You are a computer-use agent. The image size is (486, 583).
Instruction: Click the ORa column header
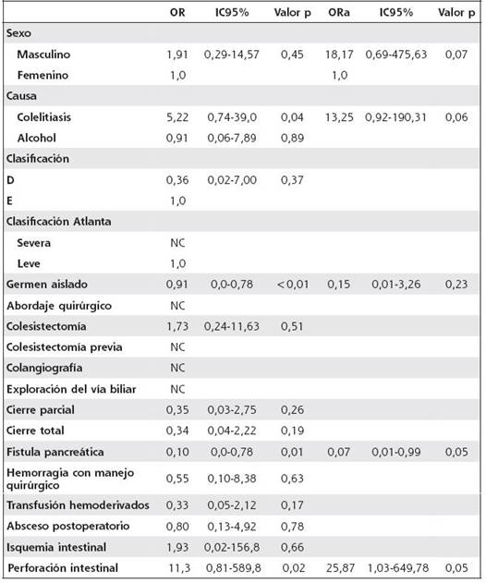(x=339, y=13)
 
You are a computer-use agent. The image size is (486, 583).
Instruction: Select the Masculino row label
(x=43, y=55)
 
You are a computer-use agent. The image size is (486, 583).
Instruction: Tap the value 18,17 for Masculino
(x=339, y=55)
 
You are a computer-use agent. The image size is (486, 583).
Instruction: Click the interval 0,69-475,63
(x=396, y=55)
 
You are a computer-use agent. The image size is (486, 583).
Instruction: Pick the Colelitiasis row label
(x=43, y=117)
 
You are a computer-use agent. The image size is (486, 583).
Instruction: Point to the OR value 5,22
(x=177, y=117)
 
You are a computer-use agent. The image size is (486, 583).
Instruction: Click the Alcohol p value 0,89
(x=292, y=139)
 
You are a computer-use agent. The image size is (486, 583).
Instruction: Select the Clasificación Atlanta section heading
(x=59, y=222)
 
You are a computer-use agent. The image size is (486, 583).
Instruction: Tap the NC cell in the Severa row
(x=177, y=243)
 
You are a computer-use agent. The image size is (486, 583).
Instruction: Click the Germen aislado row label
(x=47, y=285)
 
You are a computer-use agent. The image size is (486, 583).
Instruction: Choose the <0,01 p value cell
(x=293, y=285)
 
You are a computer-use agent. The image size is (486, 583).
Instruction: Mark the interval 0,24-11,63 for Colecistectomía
(x=232, y=326)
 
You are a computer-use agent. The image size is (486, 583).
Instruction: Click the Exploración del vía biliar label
(x=71, y=389)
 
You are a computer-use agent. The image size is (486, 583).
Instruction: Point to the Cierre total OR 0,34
(x=177, y=431)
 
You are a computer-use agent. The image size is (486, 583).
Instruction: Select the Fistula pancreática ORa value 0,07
(x=339, y=452)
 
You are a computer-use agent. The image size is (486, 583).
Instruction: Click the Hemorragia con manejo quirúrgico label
(x=70, y=479)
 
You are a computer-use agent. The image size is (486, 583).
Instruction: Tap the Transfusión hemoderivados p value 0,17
(x=292, y=505)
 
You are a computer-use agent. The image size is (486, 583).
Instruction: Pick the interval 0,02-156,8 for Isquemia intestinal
(x=232, y=547)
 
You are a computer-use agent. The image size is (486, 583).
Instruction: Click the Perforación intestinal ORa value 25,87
(x=340, y=568)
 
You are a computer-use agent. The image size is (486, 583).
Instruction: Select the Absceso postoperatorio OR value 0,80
(x=177, y=527)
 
